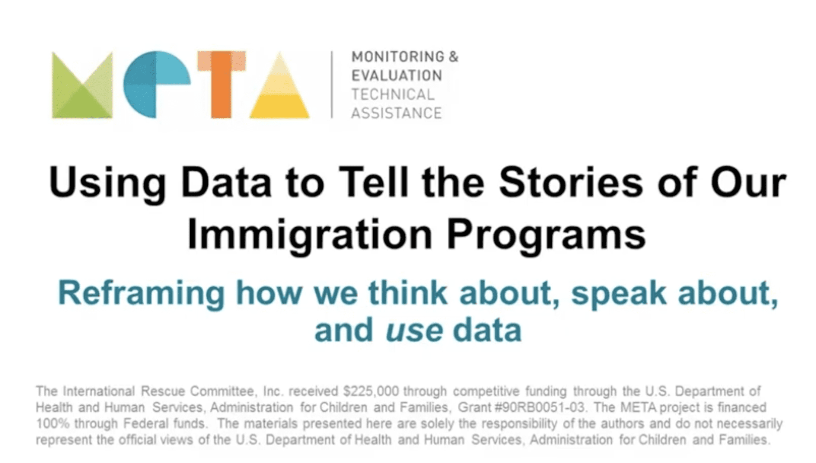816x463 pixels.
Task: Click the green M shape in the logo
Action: coord(82,85)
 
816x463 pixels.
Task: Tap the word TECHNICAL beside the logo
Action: coord(393,94)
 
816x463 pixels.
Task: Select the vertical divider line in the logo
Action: coord(332,85)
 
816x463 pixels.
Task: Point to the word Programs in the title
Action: coord(547,235)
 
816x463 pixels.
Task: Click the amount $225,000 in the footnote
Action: coord(371,391)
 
